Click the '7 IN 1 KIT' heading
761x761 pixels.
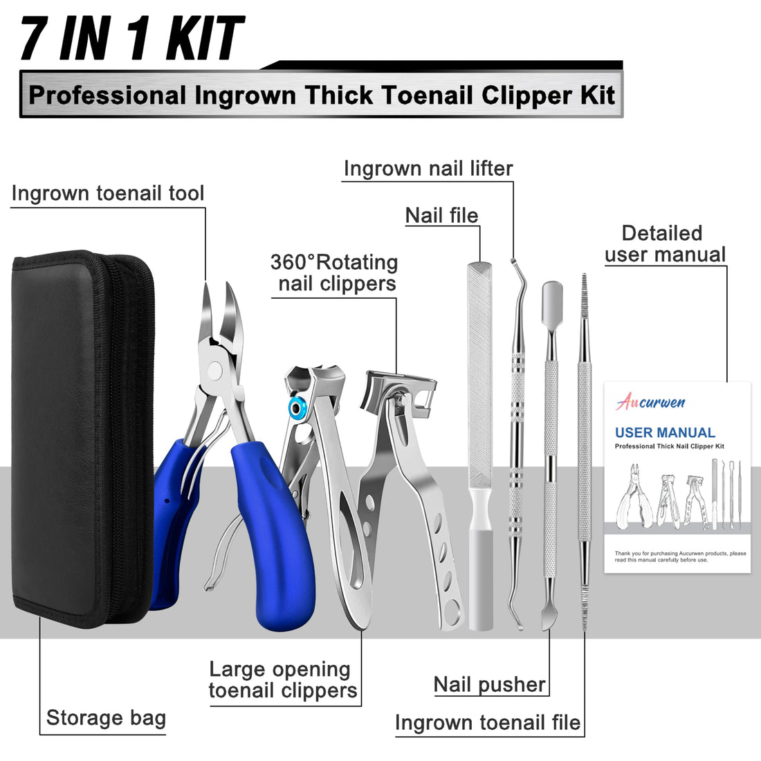(x=131, y=39)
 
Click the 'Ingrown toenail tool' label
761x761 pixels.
(x=108, y=193)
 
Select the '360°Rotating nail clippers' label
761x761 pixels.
(x=335, y=273)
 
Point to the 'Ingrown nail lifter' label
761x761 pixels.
(x=428, y=169)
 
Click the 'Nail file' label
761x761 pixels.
(x=442, y=215)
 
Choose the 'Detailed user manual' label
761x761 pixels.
(x=664, y=244)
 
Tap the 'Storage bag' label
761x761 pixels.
(x=106, y=717)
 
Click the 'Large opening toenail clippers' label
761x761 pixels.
(x=283, y=679)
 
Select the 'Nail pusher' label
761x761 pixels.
(x=490, y=684)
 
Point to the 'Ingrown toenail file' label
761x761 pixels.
(x=488, y=723)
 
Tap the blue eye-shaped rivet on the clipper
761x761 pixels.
(x=297, y=408)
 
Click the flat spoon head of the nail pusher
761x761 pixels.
(x=552, y=295)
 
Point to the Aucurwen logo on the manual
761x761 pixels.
(x=650, y=402)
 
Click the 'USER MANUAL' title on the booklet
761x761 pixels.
(x=665, y=432)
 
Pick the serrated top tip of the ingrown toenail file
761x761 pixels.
(x=584, y=285)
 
